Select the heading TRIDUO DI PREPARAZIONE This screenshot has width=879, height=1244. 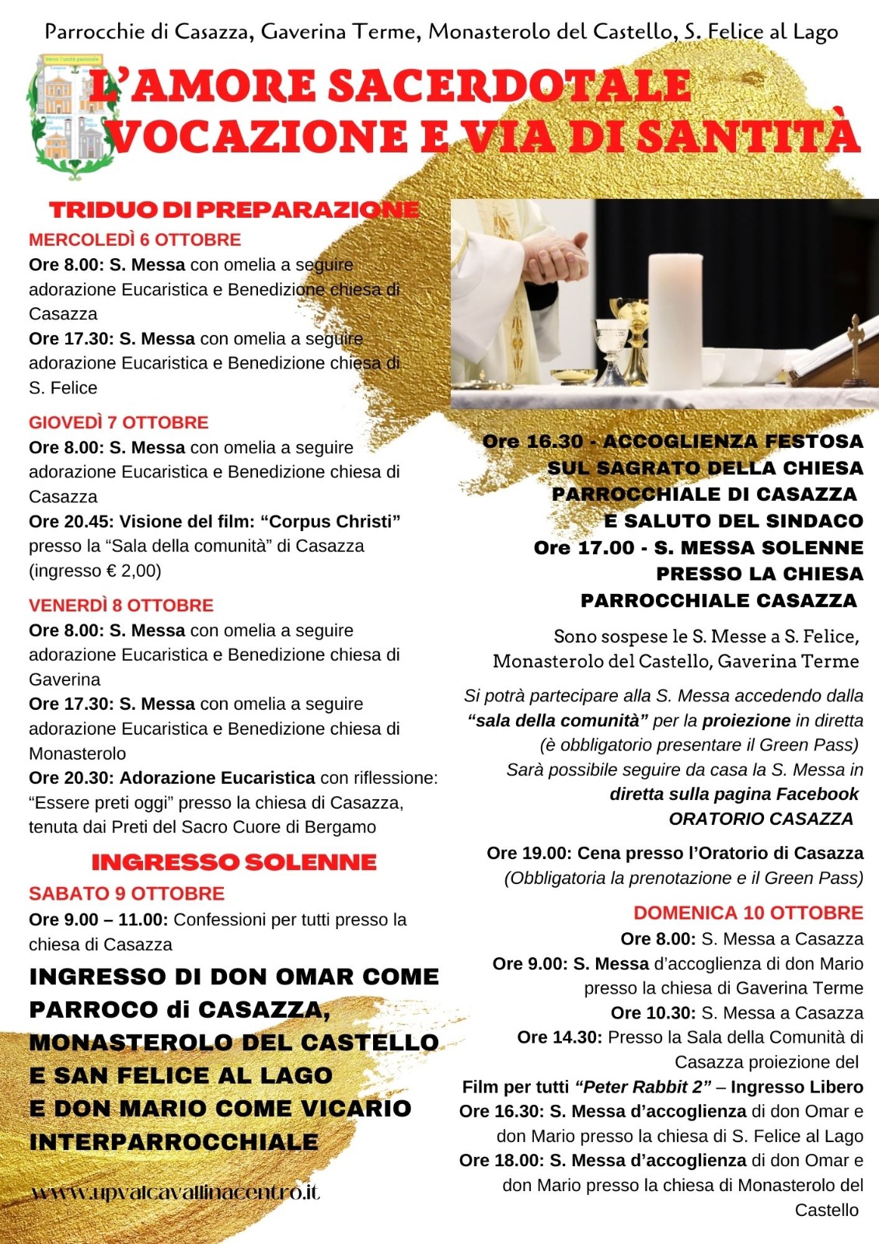point(234,209)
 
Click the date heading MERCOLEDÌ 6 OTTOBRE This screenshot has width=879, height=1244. point(135,239)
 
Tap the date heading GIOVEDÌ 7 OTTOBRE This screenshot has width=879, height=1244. point(119,422)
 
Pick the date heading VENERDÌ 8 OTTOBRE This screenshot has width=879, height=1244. point(121,605)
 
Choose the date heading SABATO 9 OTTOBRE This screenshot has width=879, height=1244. point(127,893)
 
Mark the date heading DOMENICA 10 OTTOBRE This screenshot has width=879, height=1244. point(748,913)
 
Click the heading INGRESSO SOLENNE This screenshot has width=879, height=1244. point(234,862)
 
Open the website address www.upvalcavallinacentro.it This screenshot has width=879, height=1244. point(176,1192)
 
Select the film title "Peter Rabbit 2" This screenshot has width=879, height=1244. point(643,1087)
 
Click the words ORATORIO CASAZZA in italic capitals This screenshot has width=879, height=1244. point(761,819)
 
